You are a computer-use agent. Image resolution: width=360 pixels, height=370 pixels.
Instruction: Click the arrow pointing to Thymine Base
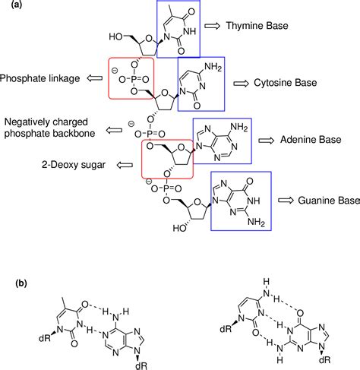point(214,26)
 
